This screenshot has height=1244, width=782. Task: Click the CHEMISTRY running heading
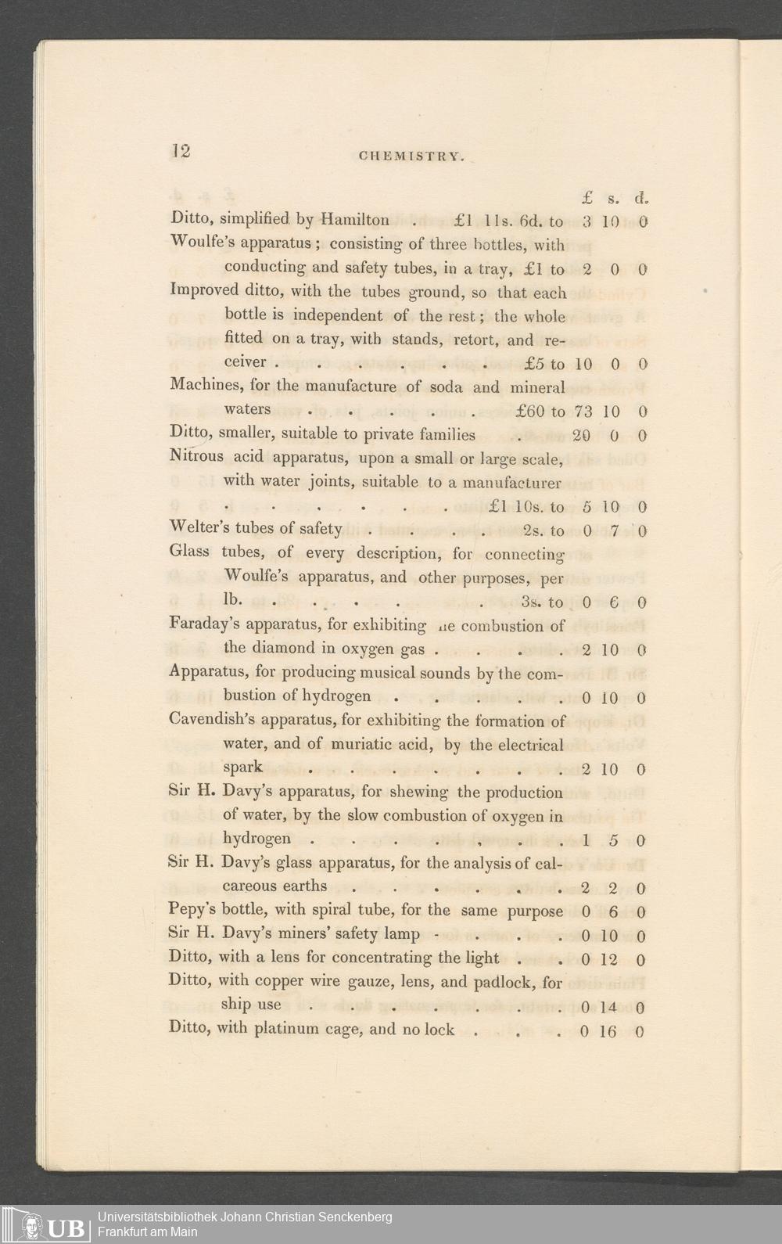(412, 156)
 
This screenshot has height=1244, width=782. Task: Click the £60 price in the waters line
(531, 411)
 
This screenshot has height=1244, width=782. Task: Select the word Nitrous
(196, 456)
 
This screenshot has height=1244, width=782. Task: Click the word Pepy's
(192, 911)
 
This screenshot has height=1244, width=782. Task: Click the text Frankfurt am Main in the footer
(148, 1231)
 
